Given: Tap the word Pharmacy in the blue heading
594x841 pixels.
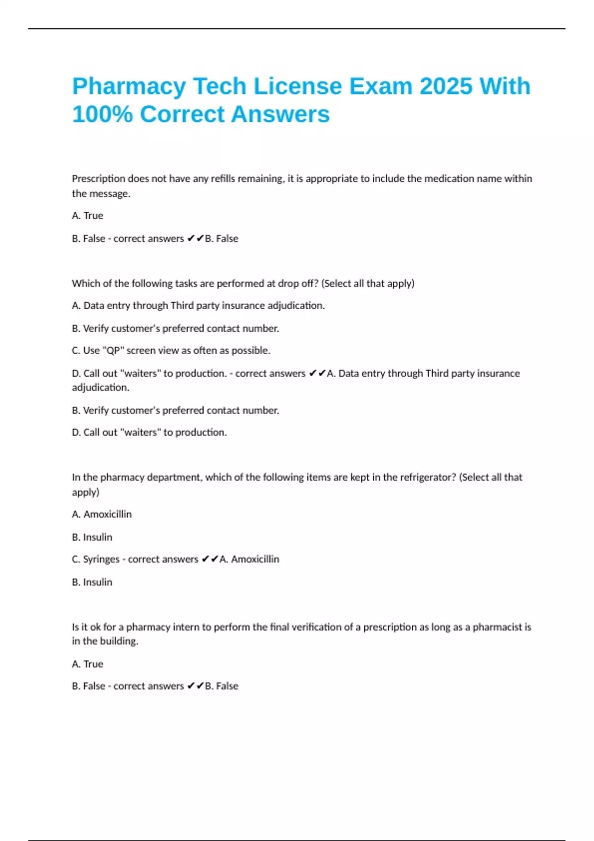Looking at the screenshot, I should pos(128,87).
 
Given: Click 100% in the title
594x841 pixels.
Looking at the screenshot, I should pos(102,114).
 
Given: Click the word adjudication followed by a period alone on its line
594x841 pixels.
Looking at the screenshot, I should pos(100,387).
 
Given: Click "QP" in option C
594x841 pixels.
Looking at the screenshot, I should pos(113,350).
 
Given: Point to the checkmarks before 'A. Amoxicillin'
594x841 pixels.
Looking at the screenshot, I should pos(210,559).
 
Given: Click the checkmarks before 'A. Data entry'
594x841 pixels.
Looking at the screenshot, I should pos(317,374).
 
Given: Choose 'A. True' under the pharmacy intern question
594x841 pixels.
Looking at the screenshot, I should pos(88,664).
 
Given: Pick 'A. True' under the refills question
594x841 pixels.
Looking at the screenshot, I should pos(88,216).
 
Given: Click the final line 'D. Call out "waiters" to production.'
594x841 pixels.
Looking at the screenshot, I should pos(149,432).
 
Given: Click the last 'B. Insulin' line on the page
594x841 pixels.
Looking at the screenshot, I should pos(92,582).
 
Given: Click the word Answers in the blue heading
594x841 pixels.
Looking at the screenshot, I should pos(280,114).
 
